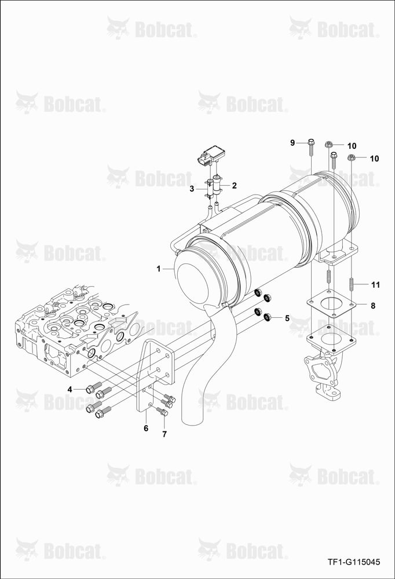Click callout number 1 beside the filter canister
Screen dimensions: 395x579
tap(159, 269)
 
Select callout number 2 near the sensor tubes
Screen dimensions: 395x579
tap(234, 185)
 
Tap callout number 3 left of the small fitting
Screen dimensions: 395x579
tap(192, 189)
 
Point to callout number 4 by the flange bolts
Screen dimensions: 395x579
tap(70, 389)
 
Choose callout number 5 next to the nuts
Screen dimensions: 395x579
tap(287, 318)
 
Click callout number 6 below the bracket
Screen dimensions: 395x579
tap(146, 428)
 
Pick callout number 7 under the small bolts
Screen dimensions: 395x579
tap(164, 434)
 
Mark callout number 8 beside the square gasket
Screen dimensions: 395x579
tap(373, 306)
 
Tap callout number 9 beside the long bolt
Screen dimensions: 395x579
tap(292, 142)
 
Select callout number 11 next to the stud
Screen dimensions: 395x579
tap(375, 285)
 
